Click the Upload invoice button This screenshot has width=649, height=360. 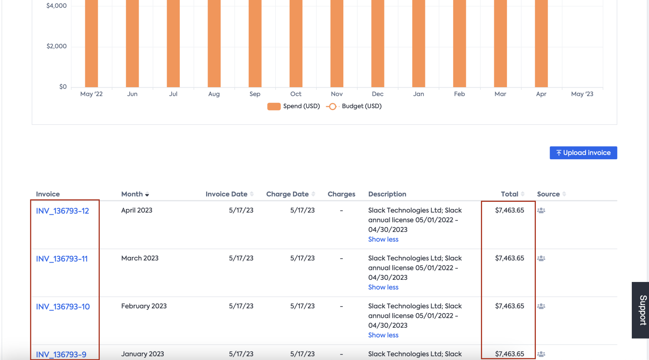(x=583, y=153)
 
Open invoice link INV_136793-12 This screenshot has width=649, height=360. (x=63, y=211)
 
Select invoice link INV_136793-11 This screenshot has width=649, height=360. (x=62, y=259)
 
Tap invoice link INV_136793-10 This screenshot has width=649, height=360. (x=63, y=307)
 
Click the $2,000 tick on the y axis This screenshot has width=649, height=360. (x=57, y=46)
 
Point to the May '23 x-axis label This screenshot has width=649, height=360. (x=582, y=94)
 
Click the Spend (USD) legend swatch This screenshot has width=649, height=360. (x=274, y=107)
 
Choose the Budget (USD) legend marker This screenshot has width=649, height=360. (x=332, y=107)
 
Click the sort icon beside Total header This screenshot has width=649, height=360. (x=523, y=194)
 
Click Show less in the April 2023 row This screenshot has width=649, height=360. (x=383, y=239)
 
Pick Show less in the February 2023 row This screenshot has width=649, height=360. (x=383, y=335)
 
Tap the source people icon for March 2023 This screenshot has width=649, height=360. (x=541, y=258)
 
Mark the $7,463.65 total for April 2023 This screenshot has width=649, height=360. (x=509, y=210)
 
